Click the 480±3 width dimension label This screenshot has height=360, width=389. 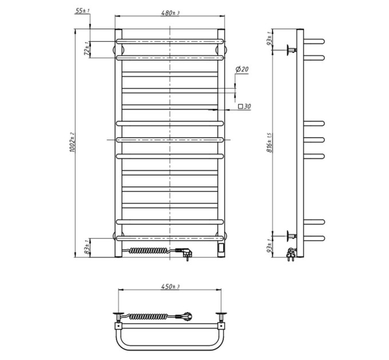pos(170,13)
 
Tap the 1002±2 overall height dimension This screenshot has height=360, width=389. pos(72,142)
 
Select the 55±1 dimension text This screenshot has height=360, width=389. pos(82,11)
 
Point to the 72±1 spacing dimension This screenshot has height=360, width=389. pos(86,49)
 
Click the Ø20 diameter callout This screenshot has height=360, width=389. pos(242,69)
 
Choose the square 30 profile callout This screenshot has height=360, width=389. pos(244,106)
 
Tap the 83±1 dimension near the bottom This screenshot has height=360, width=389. pos(86,247)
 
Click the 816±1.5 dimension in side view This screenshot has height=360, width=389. pos(270,143)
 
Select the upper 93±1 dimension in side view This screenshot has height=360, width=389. pos(270,38)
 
